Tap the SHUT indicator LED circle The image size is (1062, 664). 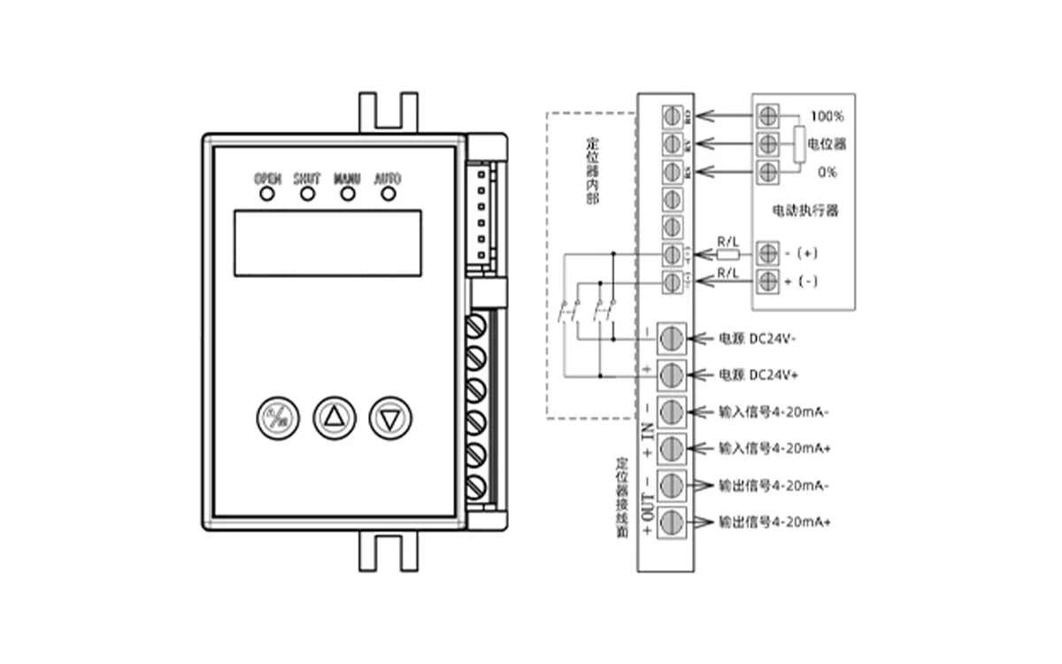[307, 194]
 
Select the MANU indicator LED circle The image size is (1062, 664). [347, 194]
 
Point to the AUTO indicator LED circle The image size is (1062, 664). [387, 194]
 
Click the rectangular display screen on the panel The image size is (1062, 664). [327, 243]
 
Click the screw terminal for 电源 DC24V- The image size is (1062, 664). [672, 338]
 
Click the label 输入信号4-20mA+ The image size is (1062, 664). [774, 449]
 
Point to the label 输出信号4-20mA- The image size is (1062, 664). [774, 486]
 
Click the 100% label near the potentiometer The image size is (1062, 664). [827, 117]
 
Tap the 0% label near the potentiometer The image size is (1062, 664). [827, 171]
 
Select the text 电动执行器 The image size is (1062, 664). [804, 212]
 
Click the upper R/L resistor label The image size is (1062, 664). [727, 241]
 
